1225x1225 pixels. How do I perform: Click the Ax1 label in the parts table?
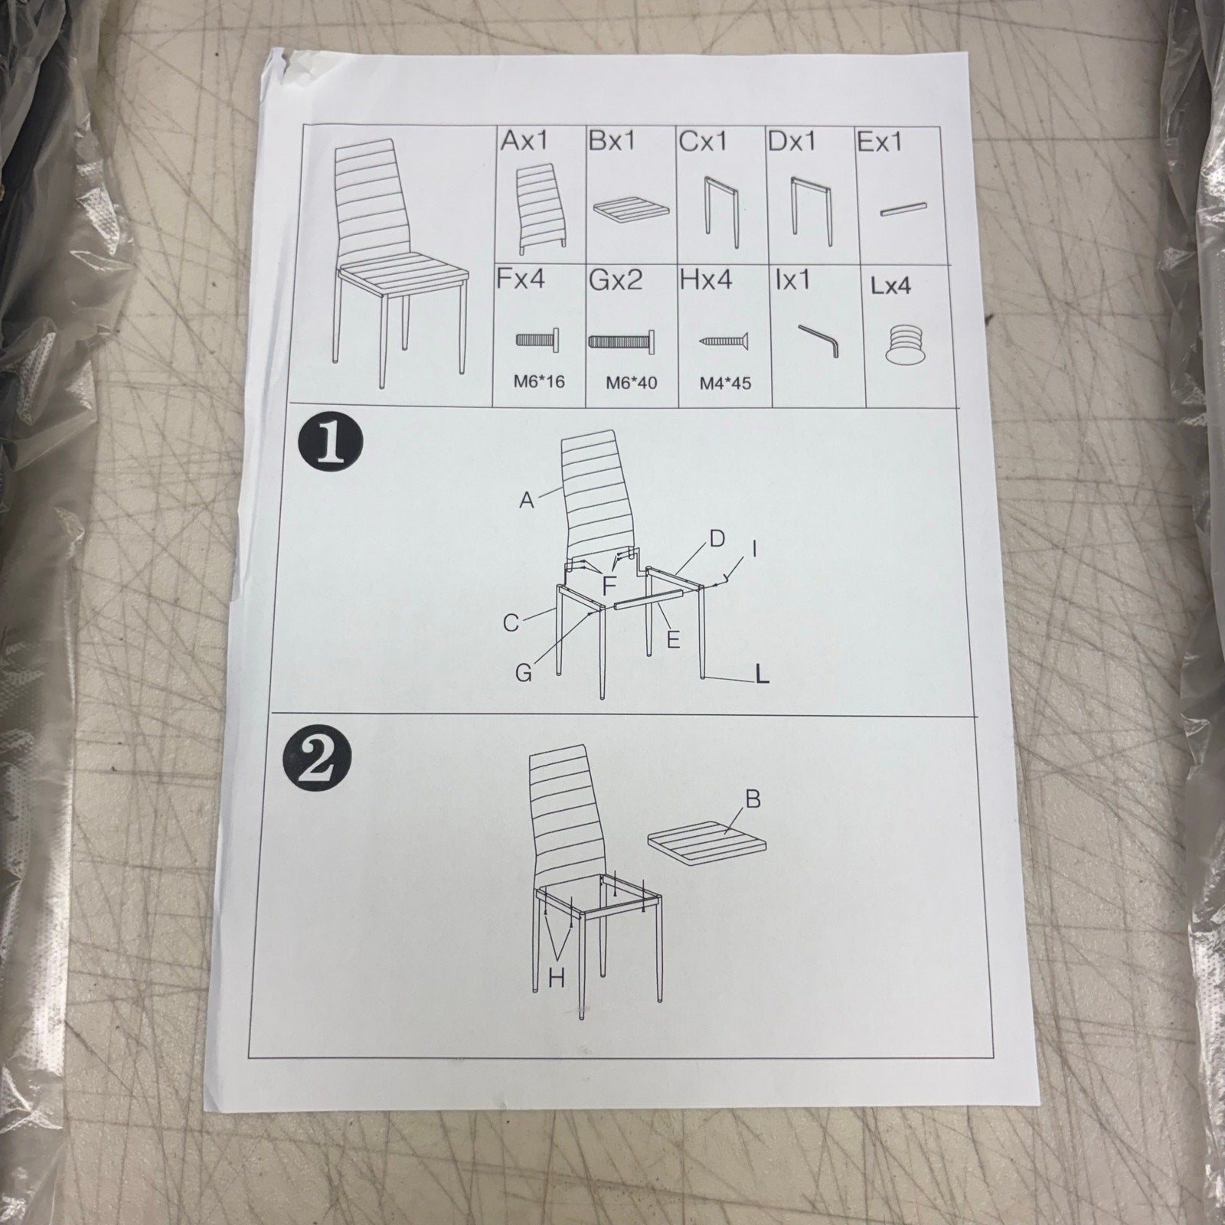524,141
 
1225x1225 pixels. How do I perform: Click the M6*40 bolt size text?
632,382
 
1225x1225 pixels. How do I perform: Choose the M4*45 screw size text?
725,383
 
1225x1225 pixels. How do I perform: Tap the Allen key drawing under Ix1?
819,339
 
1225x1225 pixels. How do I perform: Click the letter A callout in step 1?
526,501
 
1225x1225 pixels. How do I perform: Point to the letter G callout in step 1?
524,673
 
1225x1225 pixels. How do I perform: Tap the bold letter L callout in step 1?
761,674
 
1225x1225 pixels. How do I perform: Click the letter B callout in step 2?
753,800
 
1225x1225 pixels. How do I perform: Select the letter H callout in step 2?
557,978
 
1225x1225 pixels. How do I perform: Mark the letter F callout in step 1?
609,586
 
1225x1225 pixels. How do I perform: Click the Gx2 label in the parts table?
616,280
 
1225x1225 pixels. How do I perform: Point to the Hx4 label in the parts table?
706,280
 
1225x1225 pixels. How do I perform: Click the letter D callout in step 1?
717,539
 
